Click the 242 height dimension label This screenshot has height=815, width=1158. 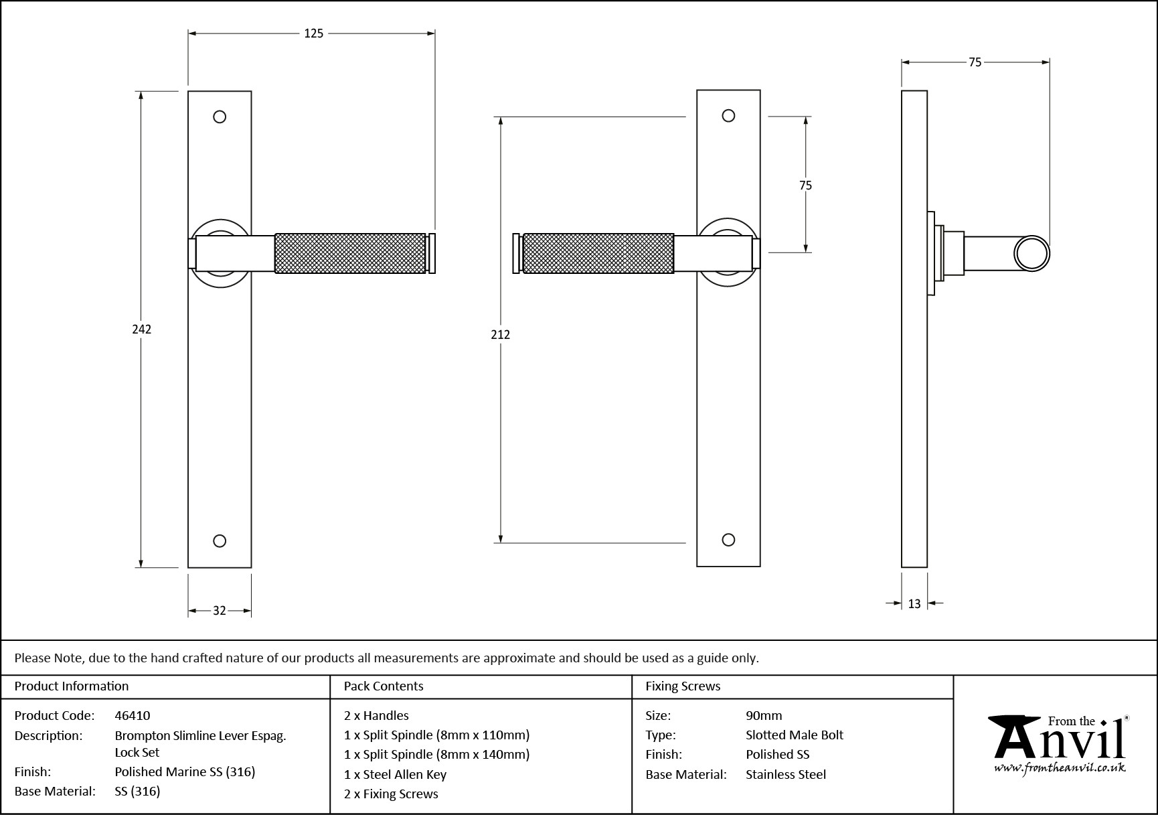(141, 329)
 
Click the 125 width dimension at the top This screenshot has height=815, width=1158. (313, 33)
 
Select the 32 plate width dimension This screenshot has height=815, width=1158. (220, 610)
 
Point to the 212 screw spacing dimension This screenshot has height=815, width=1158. (500, 334)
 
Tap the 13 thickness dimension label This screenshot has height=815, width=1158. (914, 604)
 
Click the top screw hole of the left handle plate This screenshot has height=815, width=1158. (220, 117)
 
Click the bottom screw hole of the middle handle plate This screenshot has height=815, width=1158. (729, 540)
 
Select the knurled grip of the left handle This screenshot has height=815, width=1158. (350, 253)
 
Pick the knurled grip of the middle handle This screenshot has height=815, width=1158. (598, 253)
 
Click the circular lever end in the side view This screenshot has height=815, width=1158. (1031, 254)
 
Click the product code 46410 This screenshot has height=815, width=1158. (133, 715)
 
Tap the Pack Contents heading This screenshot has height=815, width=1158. (384, 686)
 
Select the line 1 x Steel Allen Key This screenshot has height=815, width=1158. (395, 774)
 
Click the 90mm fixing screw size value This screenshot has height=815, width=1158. (764, 715)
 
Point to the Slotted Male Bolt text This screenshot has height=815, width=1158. (795, 735)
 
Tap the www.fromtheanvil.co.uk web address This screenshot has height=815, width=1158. (1060, 768)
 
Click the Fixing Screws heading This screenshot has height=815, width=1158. (683, 686)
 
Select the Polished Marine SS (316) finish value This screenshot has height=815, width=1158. (185, 771)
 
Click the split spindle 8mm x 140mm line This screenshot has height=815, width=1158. (436, 754)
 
